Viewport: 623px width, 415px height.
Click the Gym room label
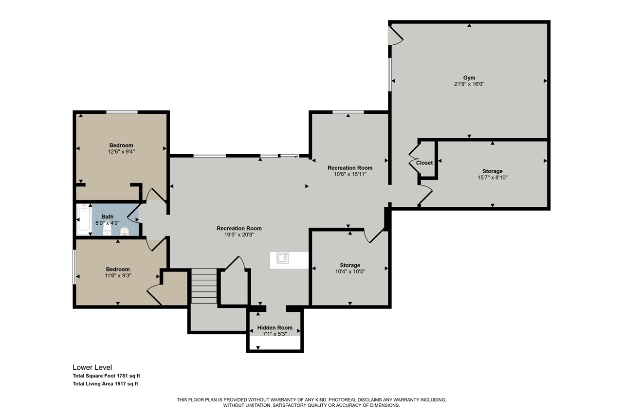pyautogui.click(x=469, y=78)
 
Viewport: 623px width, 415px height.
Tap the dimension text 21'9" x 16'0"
pyautogui.click(x=469, y=84)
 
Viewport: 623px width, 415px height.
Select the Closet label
pyautogui.click(x=424, y=162)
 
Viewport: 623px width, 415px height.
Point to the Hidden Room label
pyautogui.click(x=275, y=327)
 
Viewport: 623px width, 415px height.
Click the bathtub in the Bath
pyautogui.click(x=84, y=220)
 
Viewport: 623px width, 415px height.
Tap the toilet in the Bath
pyautogui.click(x=125, y=231)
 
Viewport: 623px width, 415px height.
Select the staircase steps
pyautogui.click(x=203, y=286)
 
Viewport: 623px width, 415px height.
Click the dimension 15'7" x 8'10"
pyautogui.click(x=492, y=178)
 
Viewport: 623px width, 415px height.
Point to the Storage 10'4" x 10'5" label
pyautogui.click(x=350, y=265)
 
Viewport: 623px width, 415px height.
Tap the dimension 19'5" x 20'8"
pyautogui.click(x=239, y=235)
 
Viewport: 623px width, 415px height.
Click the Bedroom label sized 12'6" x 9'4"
pyautogui.click(x=121, y=145)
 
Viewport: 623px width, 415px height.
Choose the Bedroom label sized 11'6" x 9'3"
pyautogui.click(x=118, y=269)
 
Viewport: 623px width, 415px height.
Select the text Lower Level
pyautogui.click(x=92, y=367)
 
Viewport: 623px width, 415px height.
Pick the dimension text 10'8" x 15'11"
pyautogui.click(x=350, y=174)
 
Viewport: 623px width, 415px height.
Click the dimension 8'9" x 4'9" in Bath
pyautogui.click(x=107, y=222)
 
